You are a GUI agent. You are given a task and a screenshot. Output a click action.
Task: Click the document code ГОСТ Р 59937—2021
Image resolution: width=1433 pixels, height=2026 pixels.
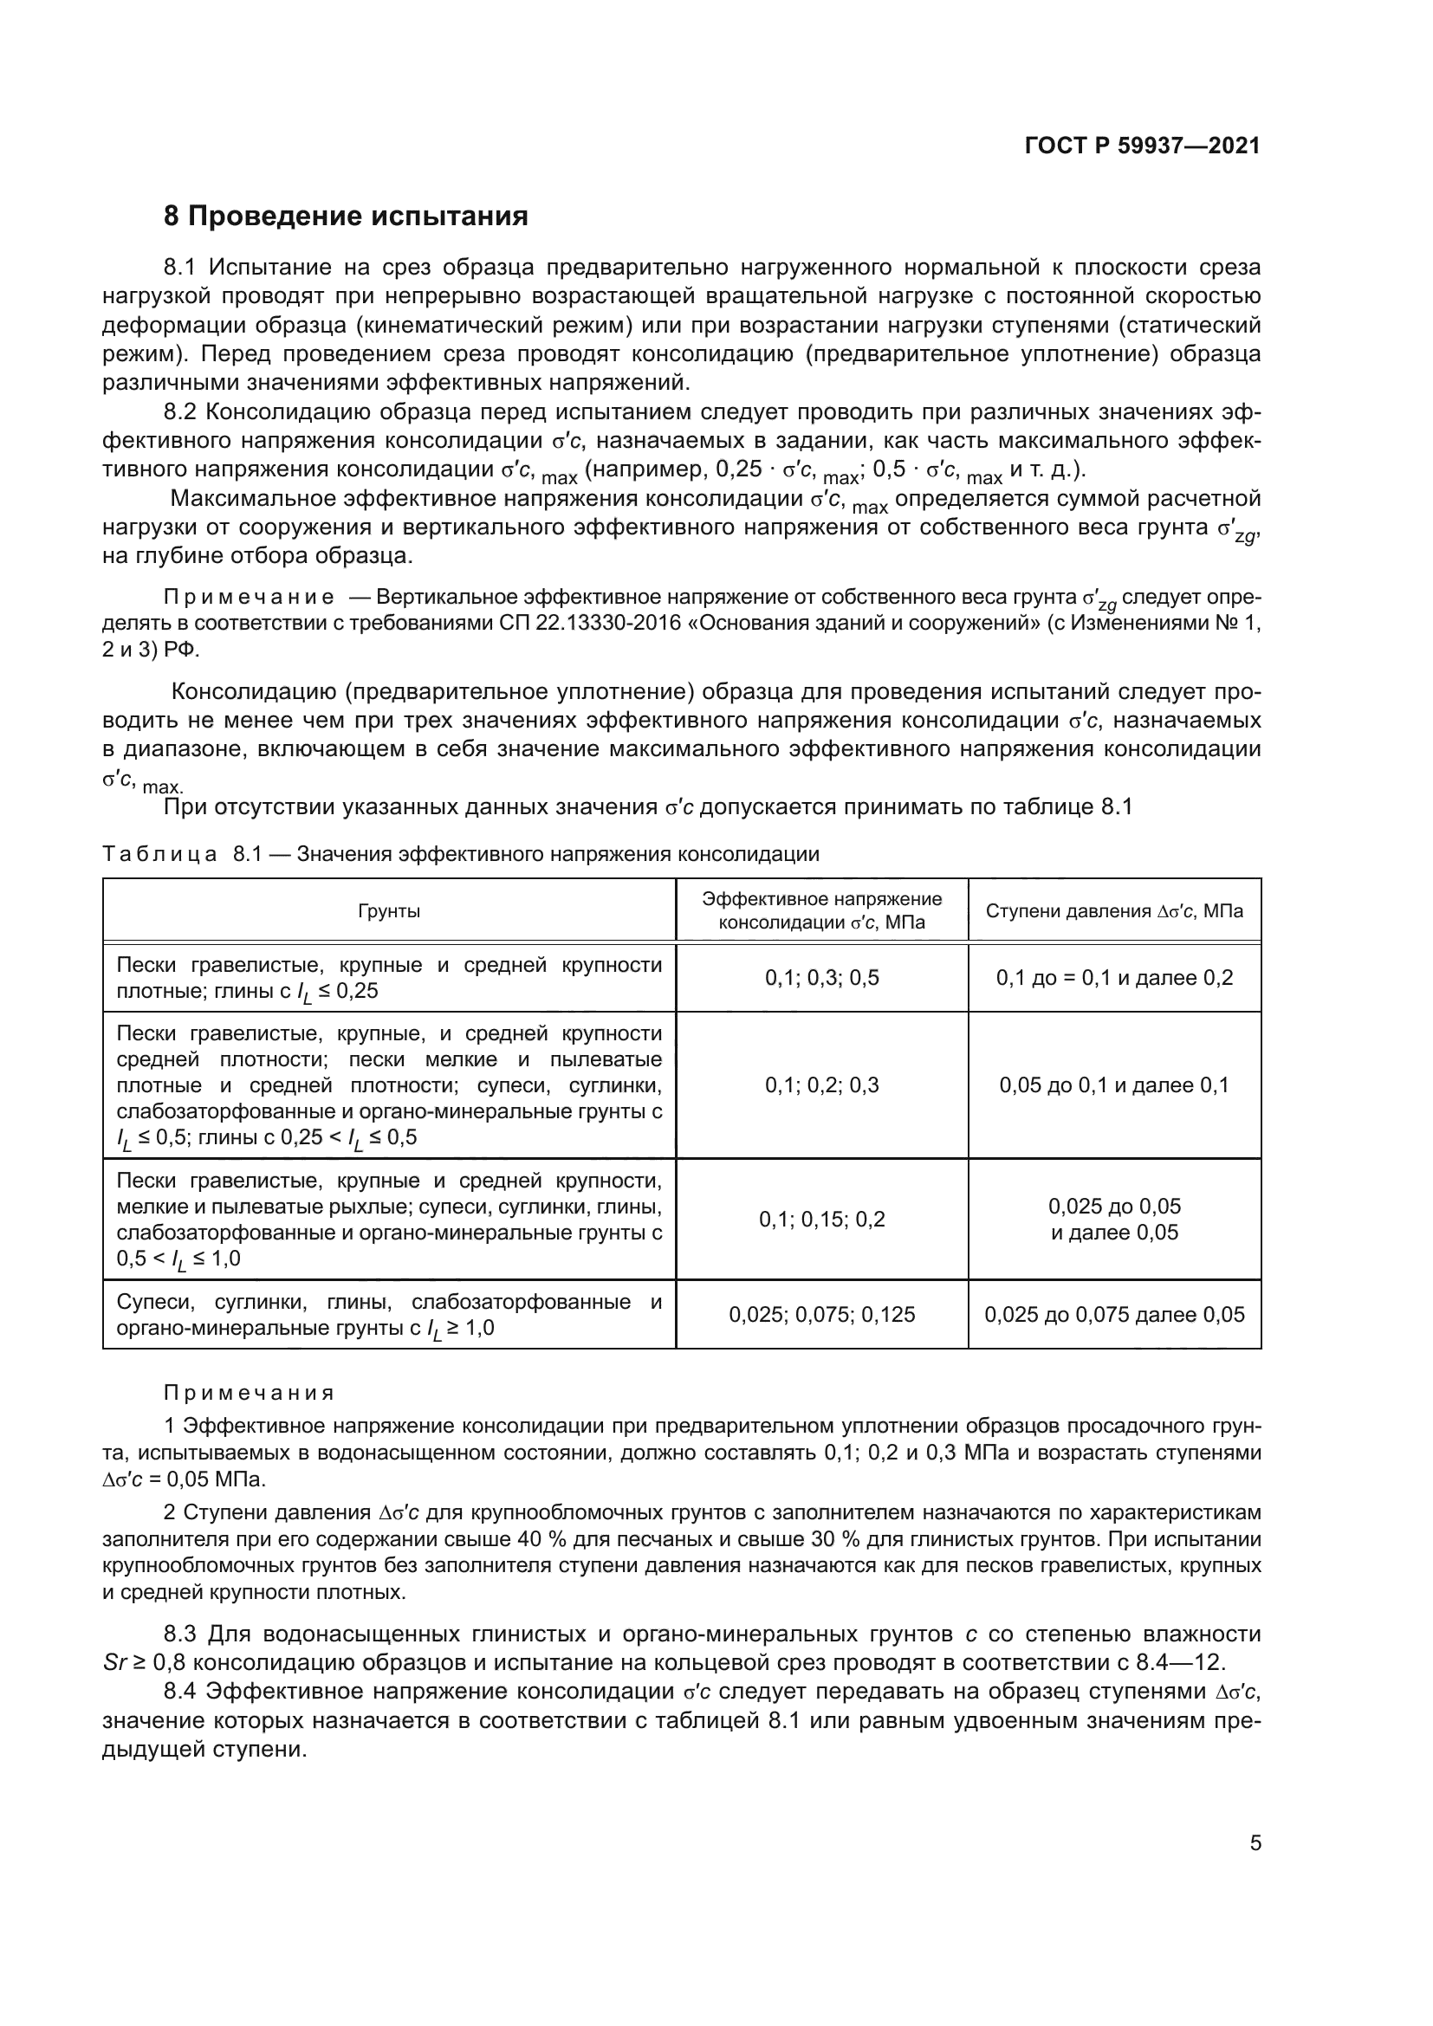pyautogui.click(x=1142, y=146)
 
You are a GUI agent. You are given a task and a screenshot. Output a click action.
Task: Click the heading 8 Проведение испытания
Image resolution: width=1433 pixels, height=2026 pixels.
pyautogui.click(x=346, y=217)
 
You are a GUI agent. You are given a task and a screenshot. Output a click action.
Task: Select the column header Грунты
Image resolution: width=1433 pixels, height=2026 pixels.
pyautogui.click(x=388, y=910)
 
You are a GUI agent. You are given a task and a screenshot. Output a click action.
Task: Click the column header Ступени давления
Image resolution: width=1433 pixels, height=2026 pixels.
pyautogui.click(x=1113, y=910)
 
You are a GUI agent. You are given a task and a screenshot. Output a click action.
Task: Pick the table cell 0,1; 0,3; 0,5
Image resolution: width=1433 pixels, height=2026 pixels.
pyautogui.click(x=821, y=978)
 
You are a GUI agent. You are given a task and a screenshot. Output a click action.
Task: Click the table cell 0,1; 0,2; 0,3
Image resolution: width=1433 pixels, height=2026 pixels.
pyautogui.click(x=821, y=1085)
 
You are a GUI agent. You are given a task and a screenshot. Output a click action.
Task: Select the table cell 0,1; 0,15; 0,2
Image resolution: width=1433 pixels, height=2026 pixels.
pyautogui.click(x=821, y=1220)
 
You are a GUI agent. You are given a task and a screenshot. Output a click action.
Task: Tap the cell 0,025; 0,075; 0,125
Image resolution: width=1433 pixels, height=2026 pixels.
pyautogui.click(x=821, y=1315)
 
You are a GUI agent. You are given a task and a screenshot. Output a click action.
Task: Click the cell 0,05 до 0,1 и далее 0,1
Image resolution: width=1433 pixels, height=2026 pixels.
pyautogui.click(x=1113, y=1085)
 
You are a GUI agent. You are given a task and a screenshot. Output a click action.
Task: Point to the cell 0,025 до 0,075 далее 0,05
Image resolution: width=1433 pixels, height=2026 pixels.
pyautogui.click(x=1113, y=1315)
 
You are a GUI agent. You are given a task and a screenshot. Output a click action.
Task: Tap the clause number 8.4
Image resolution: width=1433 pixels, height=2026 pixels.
pyautogui.click(x=183, y=1692)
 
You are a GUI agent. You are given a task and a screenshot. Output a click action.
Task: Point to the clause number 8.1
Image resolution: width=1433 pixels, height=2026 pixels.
pyautogui.click(x=183, y=268)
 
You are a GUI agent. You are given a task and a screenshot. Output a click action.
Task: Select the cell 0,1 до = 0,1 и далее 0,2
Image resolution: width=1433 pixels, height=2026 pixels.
pyautogui.click(x=1113, y=978)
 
